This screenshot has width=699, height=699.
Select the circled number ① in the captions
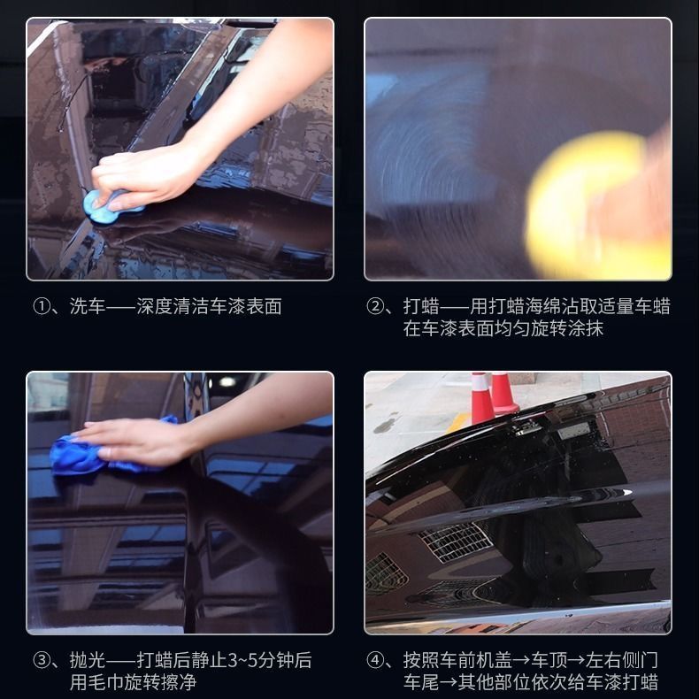click(x=42, y=307)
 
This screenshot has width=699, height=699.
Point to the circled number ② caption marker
click(x=375, y=307)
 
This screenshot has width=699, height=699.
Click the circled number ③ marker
click(x=42, y=660)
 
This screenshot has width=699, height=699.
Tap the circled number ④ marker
click(x=375, y=660)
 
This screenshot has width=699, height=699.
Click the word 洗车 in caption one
click(x=88, y=307)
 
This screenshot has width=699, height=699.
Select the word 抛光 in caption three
click(x=88, y=660)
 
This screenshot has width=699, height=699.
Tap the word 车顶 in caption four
click(x=549, y=660)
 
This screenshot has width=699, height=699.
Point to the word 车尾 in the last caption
click(x=421, y=682)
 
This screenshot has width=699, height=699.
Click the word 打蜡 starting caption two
click(x=421, y=307)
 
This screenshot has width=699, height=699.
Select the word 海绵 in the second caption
click(x=542, y=307)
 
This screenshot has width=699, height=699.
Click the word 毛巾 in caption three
click(x=105, y=682)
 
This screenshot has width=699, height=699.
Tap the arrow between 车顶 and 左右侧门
click(x=576, y=661)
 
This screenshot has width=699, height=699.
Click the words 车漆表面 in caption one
click(x=246, y=307)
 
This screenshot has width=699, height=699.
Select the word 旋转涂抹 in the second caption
click(x=567, y=328)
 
